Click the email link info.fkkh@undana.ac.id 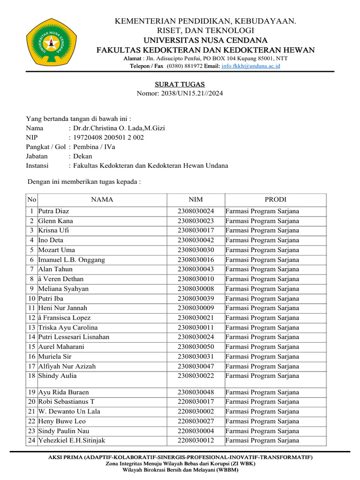pos(250,67)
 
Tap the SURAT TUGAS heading pos(180,84)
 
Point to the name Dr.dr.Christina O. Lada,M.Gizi pos(119,128)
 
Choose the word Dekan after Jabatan pos(83,156)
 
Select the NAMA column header pos(102,200)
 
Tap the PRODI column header pos(275,200)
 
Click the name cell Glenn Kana pos(55,221)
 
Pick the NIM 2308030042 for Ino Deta pos(195,240)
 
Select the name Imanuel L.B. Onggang pos(71,260)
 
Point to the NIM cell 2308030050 pos(195,347)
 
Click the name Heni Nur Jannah pos(62,308)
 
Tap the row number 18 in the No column pos(32,376)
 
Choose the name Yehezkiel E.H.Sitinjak pos(71,441)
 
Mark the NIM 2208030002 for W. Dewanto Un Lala pos(195,412)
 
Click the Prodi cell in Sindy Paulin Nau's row pos(262,431)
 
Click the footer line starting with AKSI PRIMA pos(180,457)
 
